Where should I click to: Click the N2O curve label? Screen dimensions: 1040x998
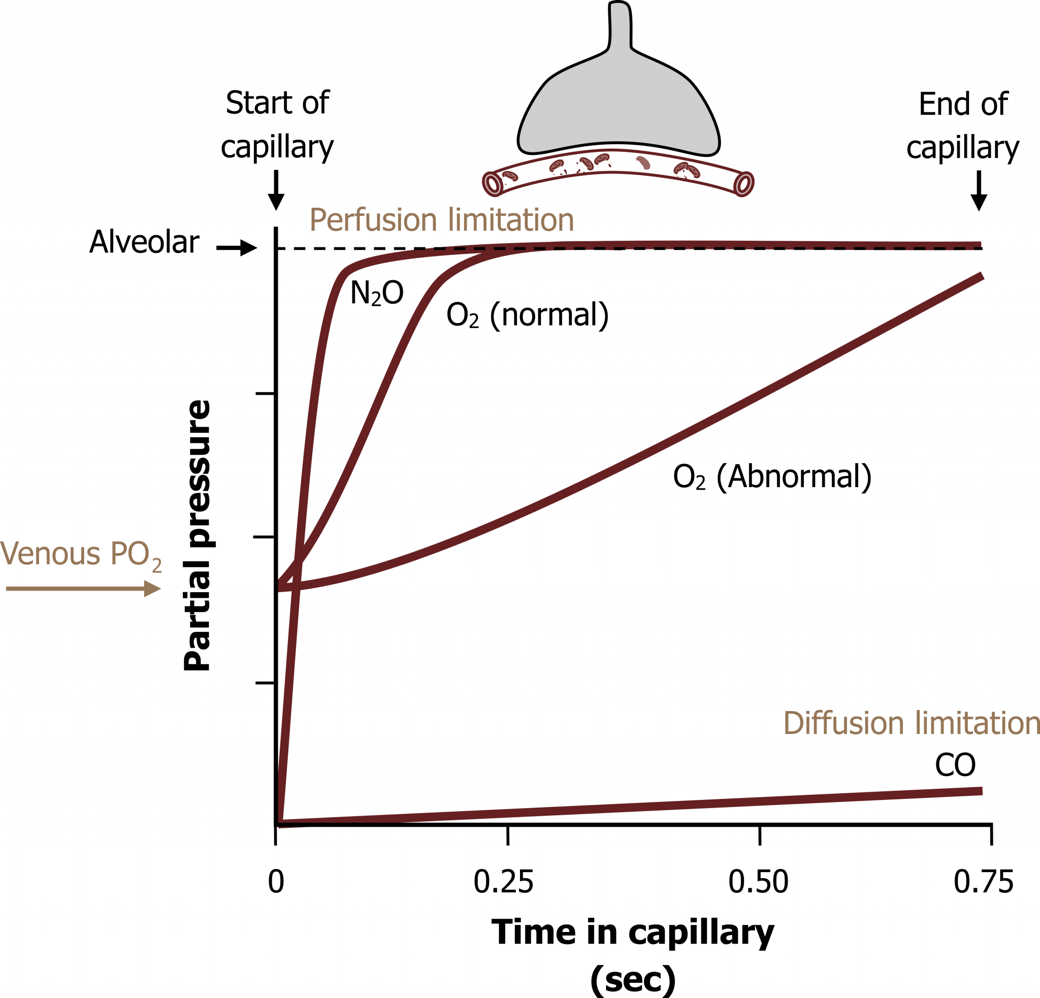tap(377, 293)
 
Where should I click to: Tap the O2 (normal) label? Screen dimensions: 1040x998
tap(528, 315)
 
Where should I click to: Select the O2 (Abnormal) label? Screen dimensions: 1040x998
tap(772, 476)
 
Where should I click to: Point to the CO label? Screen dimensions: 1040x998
tap(955, 765)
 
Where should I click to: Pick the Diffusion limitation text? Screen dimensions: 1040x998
tap(911, 723)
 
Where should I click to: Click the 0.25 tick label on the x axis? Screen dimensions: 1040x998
tap(503, 882)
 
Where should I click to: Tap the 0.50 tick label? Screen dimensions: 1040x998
tap(758, 882)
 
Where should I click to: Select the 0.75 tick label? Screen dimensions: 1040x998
tap(984, 882)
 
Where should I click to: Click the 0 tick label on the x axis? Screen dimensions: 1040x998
tap(276, 882)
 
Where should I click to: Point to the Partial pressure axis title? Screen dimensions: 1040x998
tap(198, 535)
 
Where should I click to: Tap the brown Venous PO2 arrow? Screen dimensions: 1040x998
tap(83, 589)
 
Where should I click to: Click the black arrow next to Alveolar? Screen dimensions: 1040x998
tap(237, 248)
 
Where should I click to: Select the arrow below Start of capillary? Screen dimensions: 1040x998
tap(276, 190)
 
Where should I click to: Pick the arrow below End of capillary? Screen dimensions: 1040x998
tap(979, 190)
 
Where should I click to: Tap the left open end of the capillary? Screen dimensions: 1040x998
tap(493, 183)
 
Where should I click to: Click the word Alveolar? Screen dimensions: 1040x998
tap(144, 242)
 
